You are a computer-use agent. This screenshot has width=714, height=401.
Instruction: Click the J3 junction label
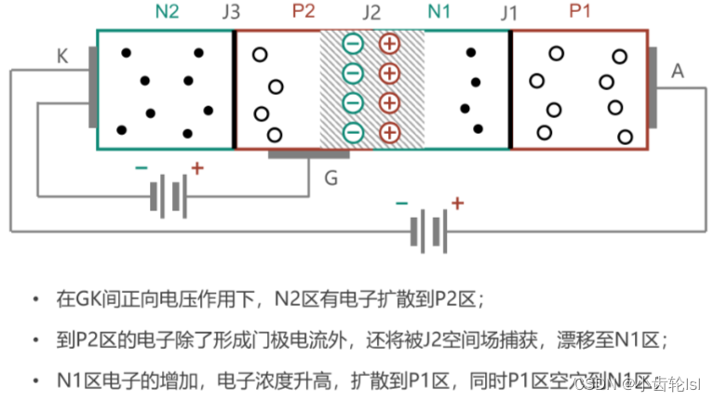(x=232, y=13)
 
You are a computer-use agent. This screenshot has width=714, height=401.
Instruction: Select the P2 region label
(x=303, y=12)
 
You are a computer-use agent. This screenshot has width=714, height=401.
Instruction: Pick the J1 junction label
(x=507, y=13)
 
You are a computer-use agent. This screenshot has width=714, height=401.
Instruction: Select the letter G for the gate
(x=330, y=176)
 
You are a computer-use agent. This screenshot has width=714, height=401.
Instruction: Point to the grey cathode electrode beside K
(x=92, y=89)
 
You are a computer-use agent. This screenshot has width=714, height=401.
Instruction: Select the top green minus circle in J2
(x=353, y=44)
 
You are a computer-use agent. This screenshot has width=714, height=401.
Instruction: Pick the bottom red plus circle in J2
(x=389, y=131)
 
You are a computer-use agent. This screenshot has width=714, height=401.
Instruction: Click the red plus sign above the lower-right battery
(x=456, y=202)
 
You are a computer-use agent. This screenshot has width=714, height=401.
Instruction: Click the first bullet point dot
(x=34, y=300)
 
